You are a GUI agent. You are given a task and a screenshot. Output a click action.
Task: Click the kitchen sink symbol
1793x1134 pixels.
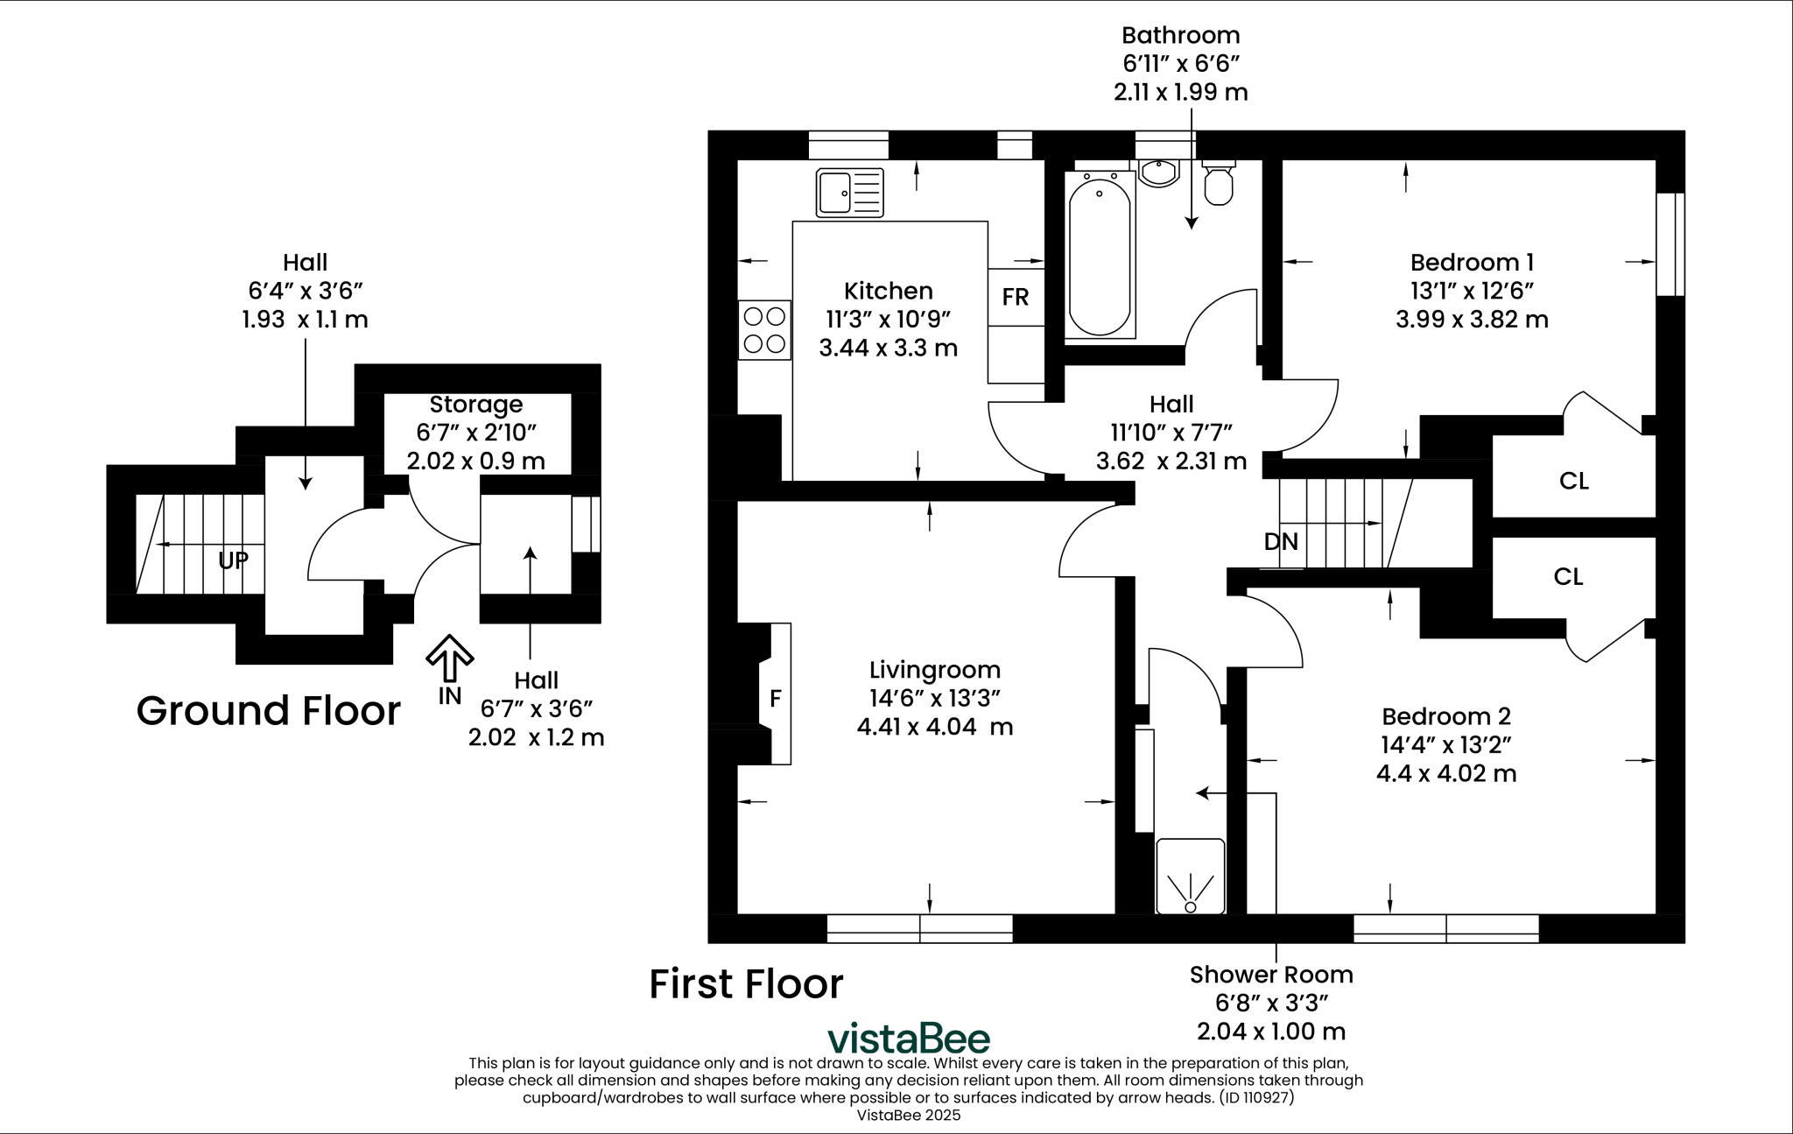[x=849, y=193]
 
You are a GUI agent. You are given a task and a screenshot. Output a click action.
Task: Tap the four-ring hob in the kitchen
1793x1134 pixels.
[x=764, y=329]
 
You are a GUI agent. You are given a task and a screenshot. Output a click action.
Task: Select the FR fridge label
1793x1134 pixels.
[x=1015, y=297]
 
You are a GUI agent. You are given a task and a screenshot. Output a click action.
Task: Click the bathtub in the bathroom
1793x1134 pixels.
[x=1100, y=255]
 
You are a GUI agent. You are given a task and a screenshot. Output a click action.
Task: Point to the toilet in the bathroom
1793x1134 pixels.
[x=1219, y=183]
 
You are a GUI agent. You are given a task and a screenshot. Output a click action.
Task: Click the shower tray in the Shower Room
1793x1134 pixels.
[x=1190, y=877]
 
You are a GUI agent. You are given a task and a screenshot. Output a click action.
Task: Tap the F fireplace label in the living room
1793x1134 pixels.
[x=775, y=699]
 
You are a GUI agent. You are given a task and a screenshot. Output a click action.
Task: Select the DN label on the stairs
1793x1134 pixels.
[x=1281, y=541]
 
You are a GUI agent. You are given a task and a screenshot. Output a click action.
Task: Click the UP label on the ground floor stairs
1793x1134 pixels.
[x=233, y=560]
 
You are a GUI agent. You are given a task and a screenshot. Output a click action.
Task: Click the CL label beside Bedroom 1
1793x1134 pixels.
[x=1573, y=481]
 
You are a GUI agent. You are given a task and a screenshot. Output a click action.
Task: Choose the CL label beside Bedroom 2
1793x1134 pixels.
[x=1568, y=576]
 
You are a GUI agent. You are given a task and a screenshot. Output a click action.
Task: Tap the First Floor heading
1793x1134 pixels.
[x=746, y=983]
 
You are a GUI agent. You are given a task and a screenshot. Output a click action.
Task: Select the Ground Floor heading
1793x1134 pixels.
[x=268, y=710]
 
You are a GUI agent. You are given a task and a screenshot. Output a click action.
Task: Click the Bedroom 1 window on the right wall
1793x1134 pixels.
[x=1670, y=243]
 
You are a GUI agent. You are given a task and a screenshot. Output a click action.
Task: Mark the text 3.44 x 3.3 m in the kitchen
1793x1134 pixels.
[x=888, y=348]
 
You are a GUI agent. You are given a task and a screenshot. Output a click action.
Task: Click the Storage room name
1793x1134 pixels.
[x=475, y=404]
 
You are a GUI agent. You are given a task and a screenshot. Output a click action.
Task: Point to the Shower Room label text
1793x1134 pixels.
[x=1270, y=974]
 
